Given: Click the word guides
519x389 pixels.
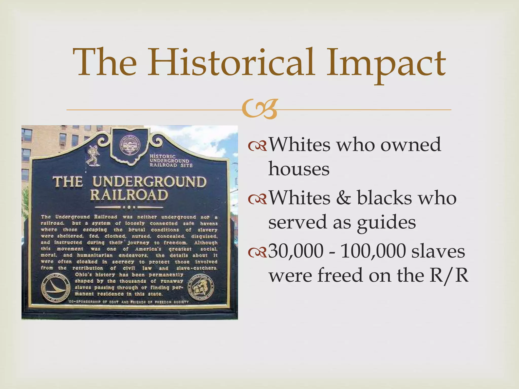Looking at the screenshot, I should pos(386,222).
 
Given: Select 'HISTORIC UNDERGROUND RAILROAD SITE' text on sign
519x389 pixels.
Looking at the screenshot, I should pos(171,161).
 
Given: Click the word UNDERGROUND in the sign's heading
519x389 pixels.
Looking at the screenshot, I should pos(149,182).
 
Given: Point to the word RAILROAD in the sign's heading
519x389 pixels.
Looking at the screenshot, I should pos(129,195).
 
